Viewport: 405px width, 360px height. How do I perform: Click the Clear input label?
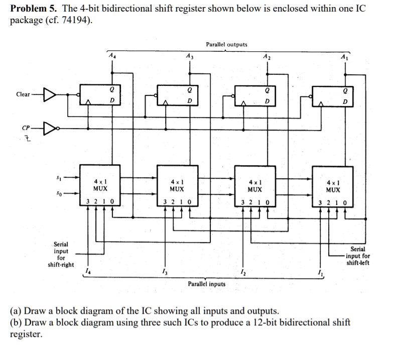(x=23, y=94)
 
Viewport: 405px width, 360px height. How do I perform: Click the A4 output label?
(x=111, y=56)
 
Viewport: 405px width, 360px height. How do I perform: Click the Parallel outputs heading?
(x=226, y=45)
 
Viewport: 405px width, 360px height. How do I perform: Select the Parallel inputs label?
(x=207, y=284)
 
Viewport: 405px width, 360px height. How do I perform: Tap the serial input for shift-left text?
(x=358, y=256)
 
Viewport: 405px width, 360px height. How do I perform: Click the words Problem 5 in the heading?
(x=33, y=9)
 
